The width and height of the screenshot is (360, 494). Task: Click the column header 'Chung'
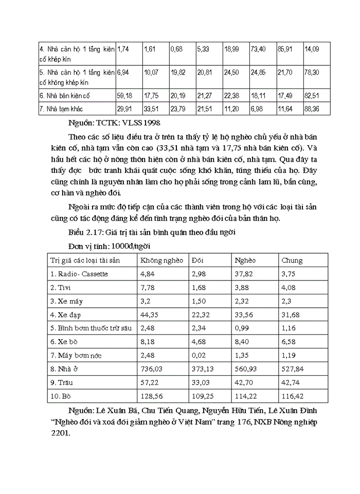[x=292, y=260]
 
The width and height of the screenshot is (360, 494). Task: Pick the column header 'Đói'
[x=198, y=260]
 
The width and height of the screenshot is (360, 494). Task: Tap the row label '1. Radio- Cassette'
[x=80, y=274]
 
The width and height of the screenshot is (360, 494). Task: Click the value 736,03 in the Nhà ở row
[x=153, y=369]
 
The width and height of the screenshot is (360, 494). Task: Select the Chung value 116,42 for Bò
[x=293, y=397]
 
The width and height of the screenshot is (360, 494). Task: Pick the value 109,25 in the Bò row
[x=202, y=397]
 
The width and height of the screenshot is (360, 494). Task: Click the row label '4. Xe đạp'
[x=67, y=314]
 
